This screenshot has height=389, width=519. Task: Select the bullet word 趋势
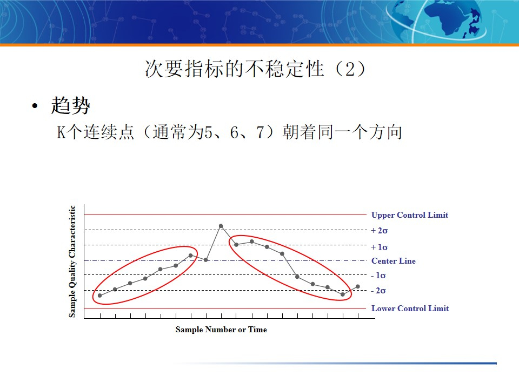70,105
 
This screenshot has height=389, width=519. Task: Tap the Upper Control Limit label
409,215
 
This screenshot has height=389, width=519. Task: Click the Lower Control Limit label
410,308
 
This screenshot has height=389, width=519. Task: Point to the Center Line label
393,261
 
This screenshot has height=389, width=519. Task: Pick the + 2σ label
380,231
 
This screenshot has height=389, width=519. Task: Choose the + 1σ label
380,247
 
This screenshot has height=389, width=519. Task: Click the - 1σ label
378,276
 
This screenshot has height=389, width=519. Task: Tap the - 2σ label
378,291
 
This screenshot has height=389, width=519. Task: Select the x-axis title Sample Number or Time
221,330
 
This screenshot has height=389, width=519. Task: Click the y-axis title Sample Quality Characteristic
72,261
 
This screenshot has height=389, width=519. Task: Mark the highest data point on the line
221,226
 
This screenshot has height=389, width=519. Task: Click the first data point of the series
100,296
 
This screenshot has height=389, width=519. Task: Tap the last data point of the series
358,286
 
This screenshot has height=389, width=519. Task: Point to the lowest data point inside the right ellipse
343,294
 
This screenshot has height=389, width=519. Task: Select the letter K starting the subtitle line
61,132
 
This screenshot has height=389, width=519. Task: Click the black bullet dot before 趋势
35,106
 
